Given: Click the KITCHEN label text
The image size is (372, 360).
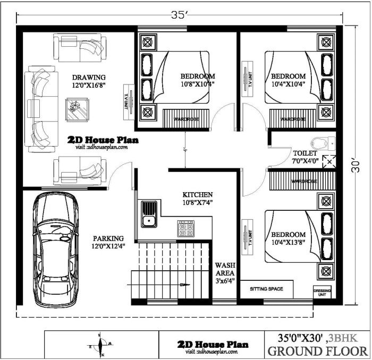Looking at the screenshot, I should (x=198, y=195).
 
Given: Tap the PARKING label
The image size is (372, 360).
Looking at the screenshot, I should (x=108, y=238).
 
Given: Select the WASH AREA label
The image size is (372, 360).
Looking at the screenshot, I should (x=225, y=269).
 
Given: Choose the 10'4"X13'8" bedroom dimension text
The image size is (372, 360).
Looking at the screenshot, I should (x=288, y=243).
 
